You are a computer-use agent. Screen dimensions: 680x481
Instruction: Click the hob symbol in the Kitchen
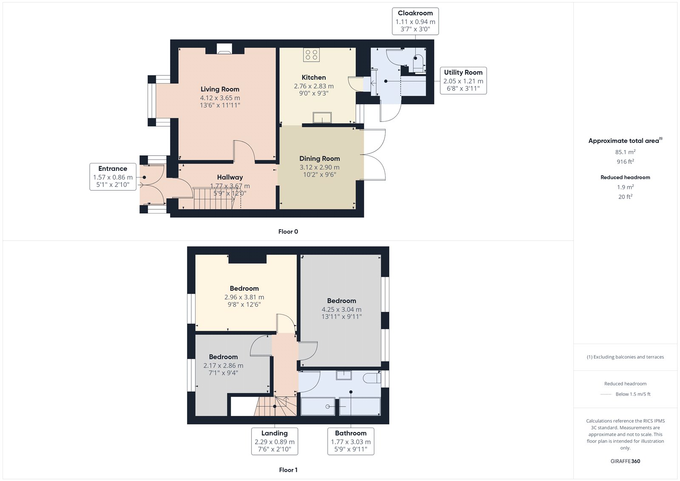(311, 55)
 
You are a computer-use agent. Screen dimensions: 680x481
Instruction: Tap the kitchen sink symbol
(322, 117)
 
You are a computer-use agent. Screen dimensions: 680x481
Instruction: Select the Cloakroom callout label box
(415, 21)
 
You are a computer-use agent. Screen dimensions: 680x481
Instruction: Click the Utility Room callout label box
(463, 80)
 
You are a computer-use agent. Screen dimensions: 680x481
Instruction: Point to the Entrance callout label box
(113, 177)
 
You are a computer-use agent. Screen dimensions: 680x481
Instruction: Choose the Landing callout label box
(275, 441)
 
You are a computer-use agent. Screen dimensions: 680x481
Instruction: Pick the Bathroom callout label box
(351, 441)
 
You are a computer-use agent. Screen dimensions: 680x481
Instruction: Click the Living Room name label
(220, 89)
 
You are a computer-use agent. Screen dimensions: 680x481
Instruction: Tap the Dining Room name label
(320, 159)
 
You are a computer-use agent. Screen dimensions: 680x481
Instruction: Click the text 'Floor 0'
(288, 231)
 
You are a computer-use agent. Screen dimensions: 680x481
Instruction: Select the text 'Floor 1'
(288, 470)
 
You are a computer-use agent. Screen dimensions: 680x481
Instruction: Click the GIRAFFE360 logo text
(625, 461)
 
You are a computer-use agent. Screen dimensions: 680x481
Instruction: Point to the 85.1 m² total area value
(625, 152)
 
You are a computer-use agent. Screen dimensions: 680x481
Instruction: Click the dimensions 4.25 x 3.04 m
(342, 309)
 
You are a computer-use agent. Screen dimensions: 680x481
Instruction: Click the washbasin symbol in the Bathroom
(344, 375)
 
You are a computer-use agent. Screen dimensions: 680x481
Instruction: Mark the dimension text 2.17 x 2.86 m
(224, 366)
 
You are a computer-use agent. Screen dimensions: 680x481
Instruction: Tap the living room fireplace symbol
(224, 49)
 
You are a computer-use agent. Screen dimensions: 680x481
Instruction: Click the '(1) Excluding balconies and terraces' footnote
(625, 357)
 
